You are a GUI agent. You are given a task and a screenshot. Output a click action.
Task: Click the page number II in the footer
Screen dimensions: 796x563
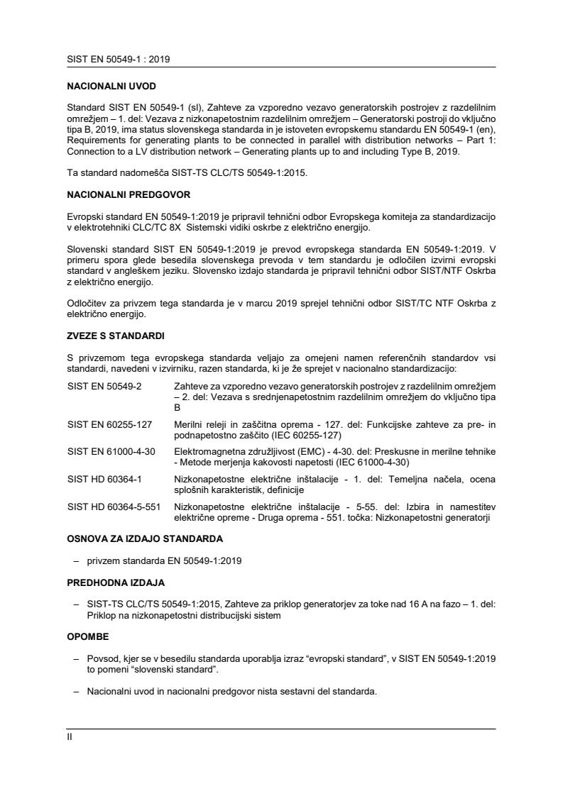[70, 736]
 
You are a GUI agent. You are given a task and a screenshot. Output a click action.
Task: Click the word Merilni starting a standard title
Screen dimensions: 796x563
[189, 424]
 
